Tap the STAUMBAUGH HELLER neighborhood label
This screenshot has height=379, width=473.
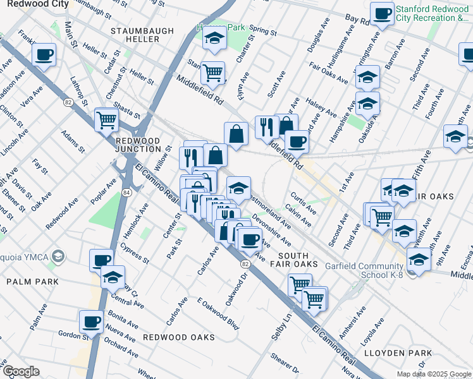pos(135,35)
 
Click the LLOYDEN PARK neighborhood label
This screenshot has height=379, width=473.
pos(402,352)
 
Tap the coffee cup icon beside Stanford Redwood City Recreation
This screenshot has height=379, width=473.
pos(381,14)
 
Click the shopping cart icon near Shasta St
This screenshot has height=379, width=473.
pos(106,119)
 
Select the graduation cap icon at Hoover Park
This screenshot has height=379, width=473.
pos(214,39)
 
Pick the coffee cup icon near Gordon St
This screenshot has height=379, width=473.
pos(91,322)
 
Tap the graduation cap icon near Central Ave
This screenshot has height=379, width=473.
pos(113,277)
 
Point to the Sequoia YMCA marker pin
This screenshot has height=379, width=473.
pos(58,256)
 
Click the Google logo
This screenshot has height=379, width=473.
pos(21,371)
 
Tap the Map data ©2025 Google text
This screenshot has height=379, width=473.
pos(433,374)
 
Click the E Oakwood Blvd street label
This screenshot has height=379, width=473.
pos(218,314)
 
